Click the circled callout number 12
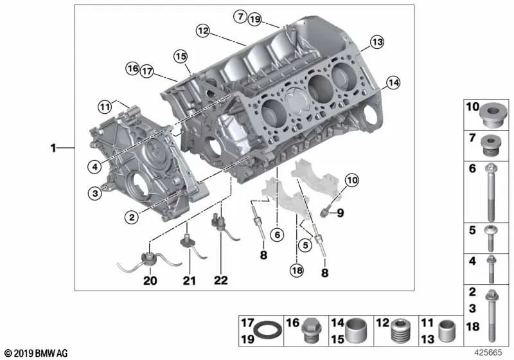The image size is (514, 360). [x=203, y=31]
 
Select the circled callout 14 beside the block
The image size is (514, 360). [x=393, y=83]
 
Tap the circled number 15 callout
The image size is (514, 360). [x=181, y=57]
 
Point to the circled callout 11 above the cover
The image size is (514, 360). [x=105, y=107]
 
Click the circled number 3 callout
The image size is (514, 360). [x=95, y=193]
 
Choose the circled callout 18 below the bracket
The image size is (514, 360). [x=297, y=270]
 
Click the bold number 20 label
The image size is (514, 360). [x=150, y=281]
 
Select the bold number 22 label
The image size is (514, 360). [x=220, y=280]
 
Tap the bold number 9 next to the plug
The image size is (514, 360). [x=341, y=213]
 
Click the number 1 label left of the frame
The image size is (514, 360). [x=53, y=148]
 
